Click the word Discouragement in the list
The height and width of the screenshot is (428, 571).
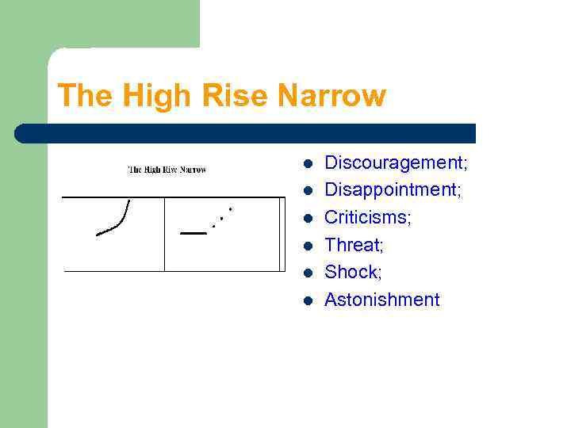click(x=394, y=163)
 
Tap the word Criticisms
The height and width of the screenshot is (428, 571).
click(x=367, y=217)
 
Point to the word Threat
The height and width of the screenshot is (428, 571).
click(x=353, y=245)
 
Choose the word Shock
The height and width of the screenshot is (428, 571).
click(x=352, y=272)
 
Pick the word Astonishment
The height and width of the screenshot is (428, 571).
click(x=381, y=300)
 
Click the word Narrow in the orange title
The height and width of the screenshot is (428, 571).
click(x=331, y=96)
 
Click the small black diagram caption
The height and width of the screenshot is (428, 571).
click(x=167, y=170)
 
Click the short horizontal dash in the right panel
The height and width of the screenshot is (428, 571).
click(x=193, y=233)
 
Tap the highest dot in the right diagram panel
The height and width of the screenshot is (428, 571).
click(x=230, y=208)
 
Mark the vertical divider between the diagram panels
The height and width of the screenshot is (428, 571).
click(x=164, y=234)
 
